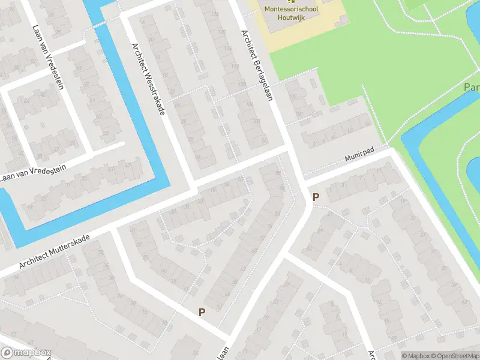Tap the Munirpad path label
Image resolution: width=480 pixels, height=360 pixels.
point(359,157)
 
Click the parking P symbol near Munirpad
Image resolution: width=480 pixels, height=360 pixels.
point(315,197)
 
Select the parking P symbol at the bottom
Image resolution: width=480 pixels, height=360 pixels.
point(202,311)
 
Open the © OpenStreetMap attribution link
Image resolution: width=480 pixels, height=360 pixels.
point(454,356)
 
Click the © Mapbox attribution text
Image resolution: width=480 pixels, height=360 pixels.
point(416,356)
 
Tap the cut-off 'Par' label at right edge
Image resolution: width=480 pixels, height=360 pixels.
point(472,88)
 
